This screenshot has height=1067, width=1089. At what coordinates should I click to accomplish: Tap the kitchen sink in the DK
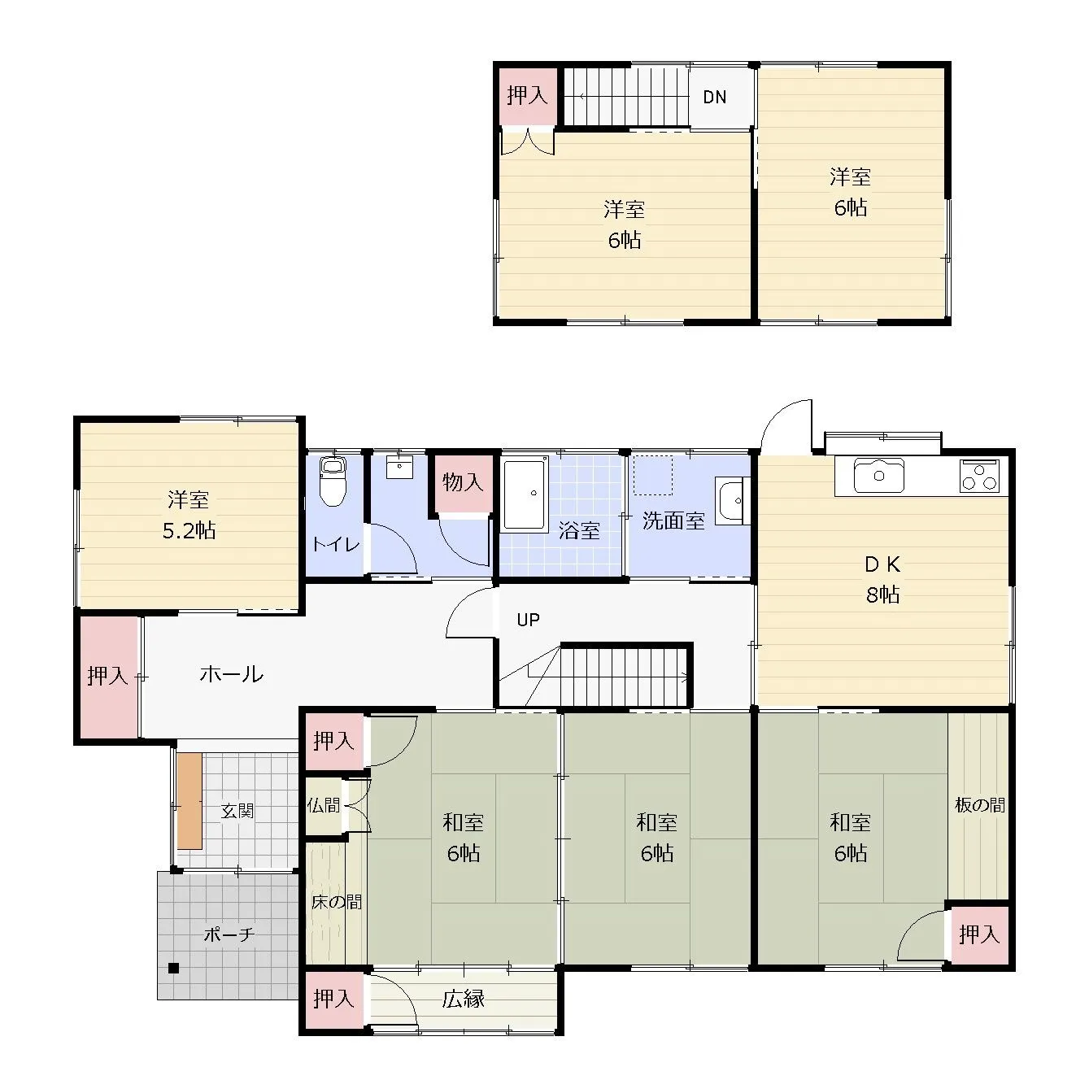[878, 475]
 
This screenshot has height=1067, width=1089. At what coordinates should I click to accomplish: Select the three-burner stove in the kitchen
[978, 476]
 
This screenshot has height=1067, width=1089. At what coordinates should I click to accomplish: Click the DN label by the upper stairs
[714, 98]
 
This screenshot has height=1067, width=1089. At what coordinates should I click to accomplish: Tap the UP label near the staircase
[528, 620]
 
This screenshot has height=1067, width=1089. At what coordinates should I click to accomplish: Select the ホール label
[231, 674]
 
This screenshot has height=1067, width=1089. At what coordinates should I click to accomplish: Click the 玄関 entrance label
[237, 811]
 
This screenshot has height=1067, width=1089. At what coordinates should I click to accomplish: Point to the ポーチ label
[229, 935]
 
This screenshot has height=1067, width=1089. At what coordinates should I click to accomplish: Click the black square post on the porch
[173, 968]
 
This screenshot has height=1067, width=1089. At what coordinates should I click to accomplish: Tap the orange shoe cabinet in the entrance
[189, 800]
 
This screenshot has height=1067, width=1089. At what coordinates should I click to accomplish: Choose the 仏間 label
[324, 805]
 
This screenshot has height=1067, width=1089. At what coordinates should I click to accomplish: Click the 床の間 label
[336, 902]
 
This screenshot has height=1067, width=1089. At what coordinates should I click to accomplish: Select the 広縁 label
[464, 999]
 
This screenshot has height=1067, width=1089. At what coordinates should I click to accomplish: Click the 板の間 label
[979, 805]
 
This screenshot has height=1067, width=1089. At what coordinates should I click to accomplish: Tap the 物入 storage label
[463, 482]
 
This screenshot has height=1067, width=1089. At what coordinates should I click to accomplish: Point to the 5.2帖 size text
[189, 531]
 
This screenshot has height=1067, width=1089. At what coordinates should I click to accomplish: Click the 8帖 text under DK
[882, 594]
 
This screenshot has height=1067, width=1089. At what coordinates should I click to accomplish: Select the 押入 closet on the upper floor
[527, 96]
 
